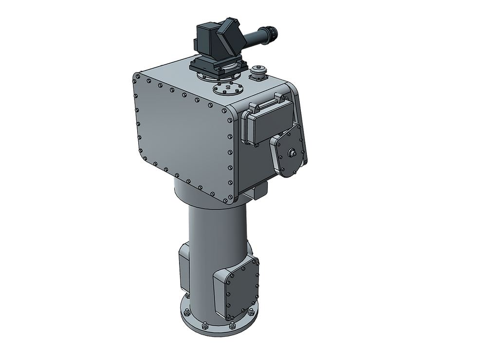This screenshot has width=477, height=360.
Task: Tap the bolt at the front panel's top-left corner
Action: click(138, 78)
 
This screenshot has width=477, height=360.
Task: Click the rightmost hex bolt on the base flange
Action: click(250, 313)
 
